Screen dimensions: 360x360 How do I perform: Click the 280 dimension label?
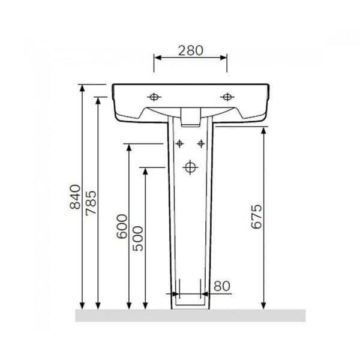(191, 51)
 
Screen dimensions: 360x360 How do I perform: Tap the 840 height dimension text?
(75, 197)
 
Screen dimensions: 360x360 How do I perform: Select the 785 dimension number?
(91, 203)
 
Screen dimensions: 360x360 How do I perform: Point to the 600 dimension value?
(122, 226)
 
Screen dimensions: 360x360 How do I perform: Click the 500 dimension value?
(138, 239)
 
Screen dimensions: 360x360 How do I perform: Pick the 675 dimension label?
(256, 217)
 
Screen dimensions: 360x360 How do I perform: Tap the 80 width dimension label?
(222, 286)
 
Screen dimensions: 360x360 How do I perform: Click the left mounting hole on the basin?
(154, 97)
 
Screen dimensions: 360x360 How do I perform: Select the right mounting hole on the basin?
(227, 97)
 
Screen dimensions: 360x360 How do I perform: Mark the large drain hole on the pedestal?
(190, 167)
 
